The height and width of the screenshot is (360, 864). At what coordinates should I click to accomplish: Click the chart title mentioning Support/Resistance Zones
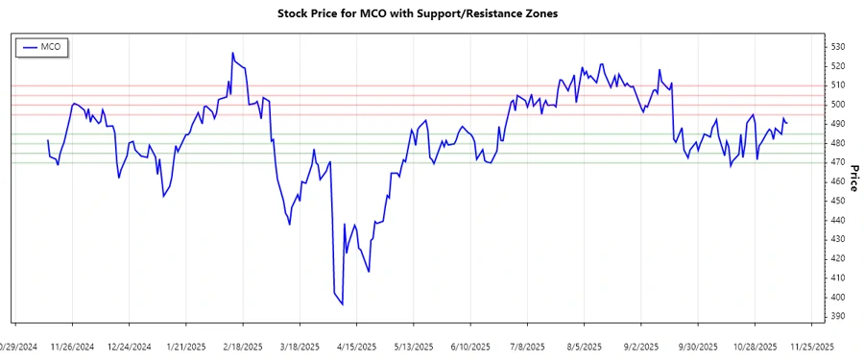pyautogui.click(x=417, y=13)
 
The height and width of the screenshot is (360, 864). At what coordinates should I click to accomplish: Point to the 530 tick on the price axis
pyautogui.click(x=837, y=47)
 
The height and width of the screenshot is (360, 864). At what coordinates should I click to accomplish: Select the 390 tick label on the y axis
pyautogui.click(x=837, y=316)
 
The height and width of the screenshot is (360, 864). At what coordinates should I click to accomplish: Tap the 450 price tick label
pyautogui.click(x=837, y=201)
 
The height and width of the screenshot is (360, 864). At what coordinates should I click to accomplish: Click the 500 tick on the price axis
pyautogui.click(x=837, y=105)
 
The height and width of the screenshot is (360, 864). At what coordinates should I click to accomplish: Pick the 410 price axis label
pyautogui.click(x=837, y=277)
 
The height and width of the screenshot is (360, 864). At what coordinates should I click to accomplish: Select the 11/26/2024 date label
pyautogui.click(x=72, y=346)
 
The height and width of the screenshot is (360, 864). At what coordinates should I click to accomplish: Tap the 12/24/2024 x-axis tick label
pyautogui.click(x=129, y=346)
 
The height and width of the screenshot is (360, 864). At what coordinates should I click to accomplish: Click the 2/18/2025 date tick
pyautogui.click(x=243, y=346)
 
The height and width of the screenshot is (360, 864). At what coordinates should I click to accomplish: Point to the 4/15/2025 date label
pyautogui.click(x=356, y=346)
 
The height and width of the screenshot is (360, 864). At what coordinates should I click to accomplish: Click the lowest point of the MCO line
pyautogui.click(x=343, y=304)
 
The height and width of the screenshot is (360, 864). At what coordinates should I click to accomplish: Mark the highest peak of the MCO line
pyautogui.click(x=232, y=53)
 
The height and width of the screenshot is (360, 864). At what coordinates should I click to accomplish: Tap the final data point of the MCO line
pyautogui.click(x=787, y=123)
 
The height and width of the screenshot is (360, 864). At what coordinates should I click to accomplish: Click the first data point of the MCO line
pyautogui.click(x=48, y=140)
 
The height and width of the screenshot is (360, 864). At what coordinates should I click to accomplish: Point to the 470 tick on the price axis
pyautogui.click(x=837, y=162)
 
